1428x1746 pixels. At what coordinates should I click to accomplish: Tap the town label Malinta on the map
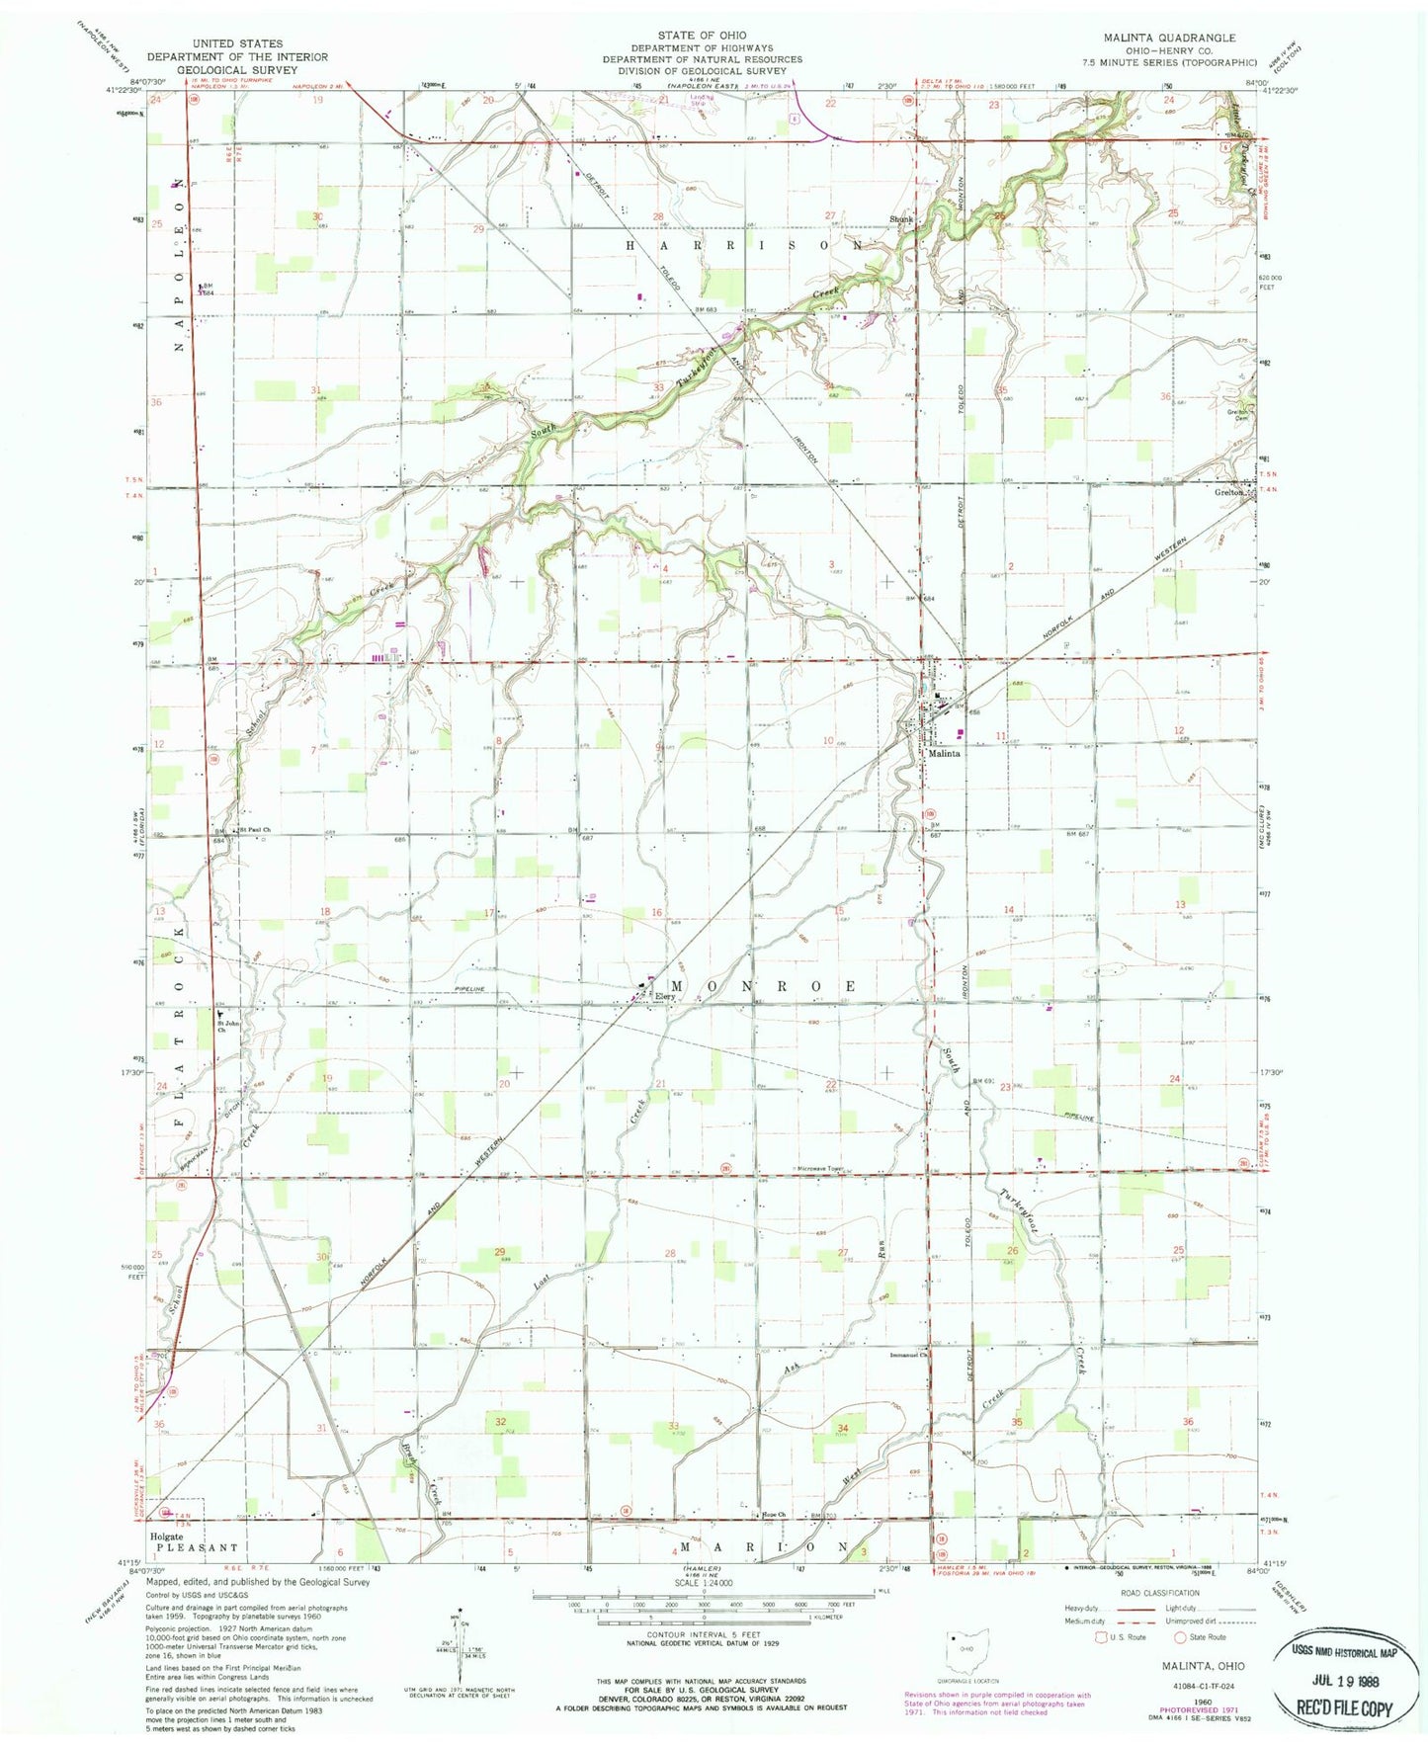(x=943, y=753)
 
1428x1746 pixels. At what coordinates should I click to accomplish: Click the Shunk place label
(x=899, y=219)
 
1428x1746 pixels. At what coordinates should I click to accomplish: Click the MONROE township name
(x=765, y=986)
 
